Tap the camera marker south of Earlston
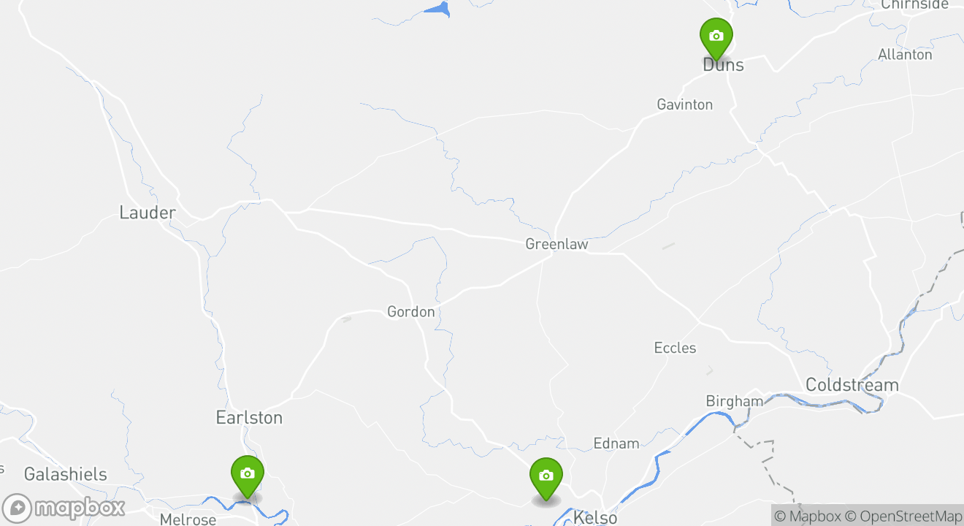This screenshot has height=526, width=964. pos(248,474)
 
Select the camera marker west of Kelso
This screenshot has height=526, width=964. pos(546,476)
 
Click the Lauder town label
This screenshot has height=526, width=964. pos(148,213)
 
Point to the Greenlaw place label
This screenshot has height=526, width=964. pos(556,245)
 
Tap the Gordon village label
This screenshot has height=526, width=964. pos(410,312)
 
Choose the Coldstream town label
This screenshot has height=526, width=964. pos(852,385)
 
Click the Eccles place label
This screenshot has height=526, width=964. pos(675,348)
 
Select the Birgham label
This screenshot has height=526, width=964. pos(734,401)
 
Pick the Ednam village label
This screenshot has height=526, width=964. pos(616,443)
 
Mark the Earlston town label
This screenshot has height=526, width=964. pos(249,418)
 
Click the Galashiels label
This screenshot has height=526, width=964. pos(65,475)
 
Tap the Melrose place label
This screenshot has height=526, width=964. pos(188,519)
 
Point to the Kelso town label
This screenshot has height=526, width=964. pos(595,518)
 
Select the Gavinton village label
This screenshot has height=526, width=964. pos(684,104)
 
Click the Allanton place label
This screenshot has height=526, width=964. pos(905,55)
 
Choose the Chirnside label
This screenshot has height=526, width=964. pos(914,4)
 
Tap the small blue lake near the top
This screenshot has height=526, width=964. pos(438,9)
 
